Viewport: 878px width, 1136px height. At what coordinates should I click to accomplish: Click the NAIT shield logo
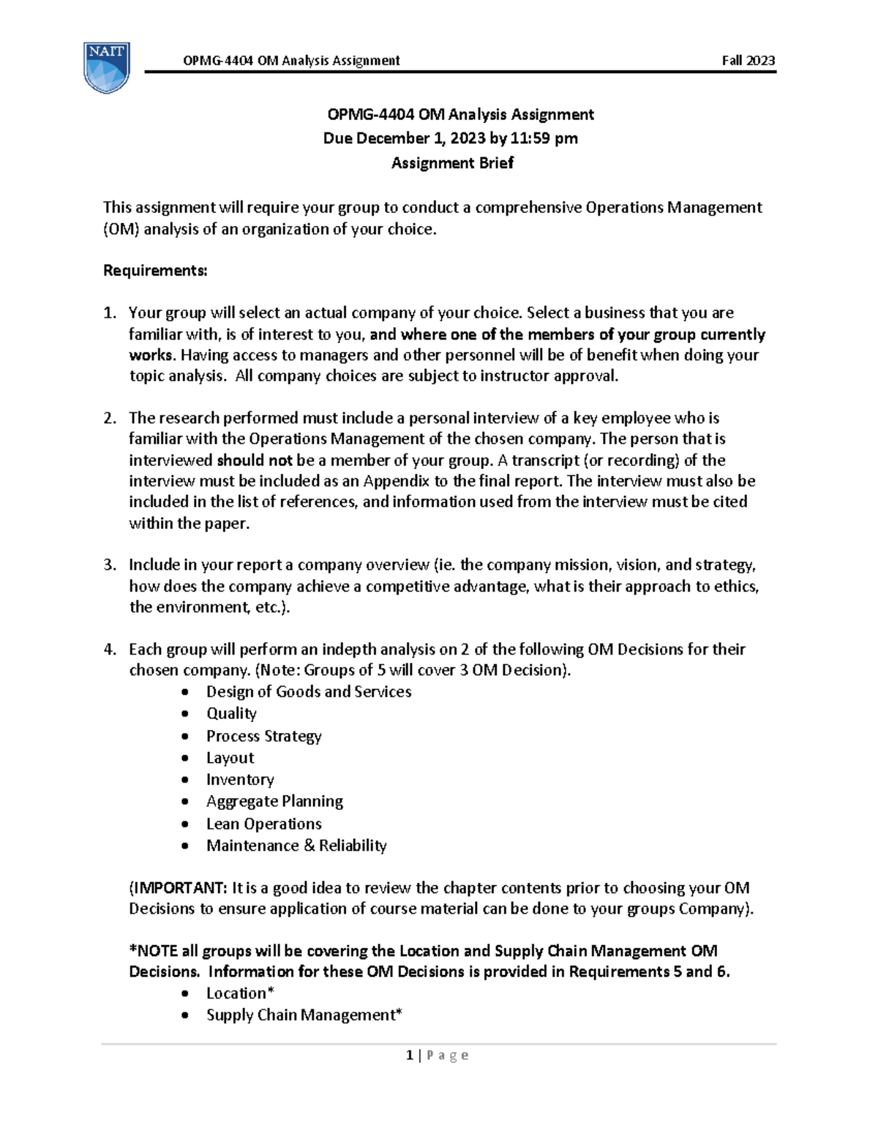pos(107,67)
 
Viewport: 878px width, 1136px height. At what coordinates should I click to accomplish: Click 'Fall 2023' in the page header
pos(748,61)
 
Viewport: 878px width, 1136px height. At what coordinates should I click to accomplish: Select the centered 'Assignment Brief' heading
pos(452,163)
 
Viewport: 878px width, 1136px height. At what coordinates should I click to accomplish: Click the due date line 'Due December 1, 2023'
pos(450,138)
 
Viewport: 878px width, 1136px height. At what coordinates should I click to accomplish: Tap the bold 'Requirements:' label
pos(155,271)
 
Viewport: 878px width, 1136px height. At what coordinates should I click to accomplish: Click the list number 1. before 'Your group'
pos(109,313)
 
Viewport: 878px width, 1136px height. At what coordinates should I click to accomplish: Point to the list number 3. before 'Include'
pos(109,565)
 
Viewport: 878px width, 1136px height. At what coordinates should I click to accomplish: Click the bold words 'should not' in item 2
pos(255,460)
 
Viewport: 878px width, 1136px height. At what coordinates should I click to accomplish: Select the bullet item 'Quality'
pos(231,713)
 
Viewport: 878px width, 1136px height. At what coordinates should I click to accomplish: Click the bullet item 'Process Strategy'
pos(263,736)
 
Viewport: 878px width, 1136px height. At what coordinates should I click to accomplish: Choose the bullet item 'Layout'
pos(230,758)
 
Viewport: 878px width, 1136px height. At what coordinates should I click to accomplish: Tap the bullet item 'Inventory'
pos(240,780)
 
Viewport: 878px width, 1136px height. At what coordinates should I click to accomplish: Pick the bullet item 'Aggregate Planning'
pos(274,802)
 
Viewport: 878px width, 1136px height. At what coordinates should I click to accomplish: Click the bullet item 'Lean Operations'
pos(263,824)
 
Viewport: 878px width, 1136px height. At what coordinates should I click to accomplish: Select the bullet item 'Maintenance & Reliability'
pos(296,846)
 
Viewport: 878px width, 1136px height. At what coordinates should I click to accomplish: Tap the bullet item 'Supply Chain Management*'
pos(304,1015)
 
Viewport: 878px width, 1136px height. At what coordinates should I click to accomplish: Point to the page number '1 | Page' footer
pos(437,1055)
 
